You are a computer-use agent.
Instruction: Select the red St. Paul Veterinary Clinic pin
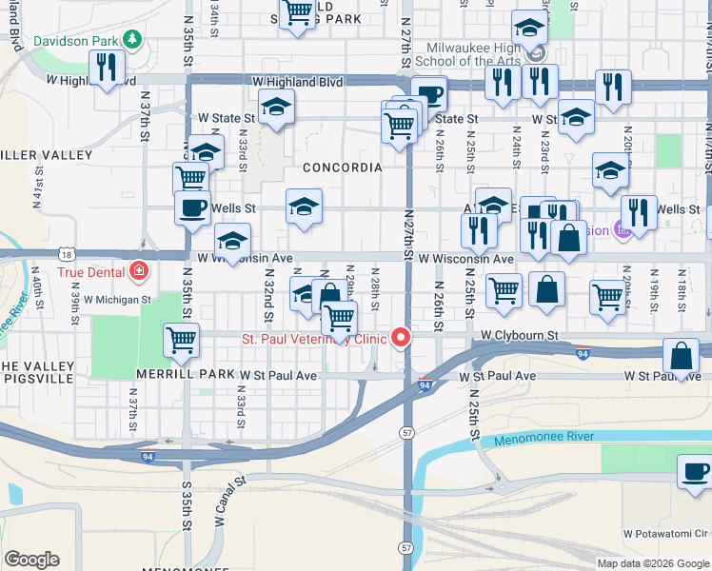coord(401,338)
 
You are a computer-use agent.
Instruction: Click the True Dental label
coord(91,271)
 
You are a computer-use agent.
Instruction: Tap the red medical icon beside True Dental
coord(139,271)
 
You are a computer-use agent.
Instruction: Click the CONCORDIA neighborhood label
coord(342,167)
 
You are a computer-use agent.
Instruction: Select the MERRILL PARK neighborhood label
coord(185,375)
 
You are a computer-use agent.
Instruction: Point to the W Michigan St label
coord(118,299)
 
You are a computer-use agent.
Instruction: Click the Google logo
coord(31,560)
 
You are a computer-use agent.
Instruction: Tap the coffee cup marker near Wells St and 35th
coord(192,207)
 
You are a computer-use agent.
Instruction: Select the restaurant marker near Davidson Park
coord(106,68)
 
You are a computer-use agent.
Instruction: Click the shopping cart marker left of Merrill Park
coord(180,340)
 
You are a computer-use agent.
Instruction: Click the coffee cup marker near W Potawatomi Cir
coord(694,471)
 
